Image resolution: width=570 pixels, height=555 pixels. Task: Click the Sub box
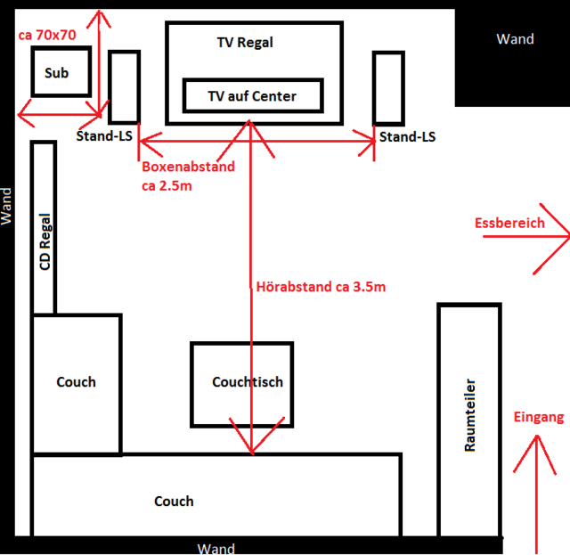[x=61, y=72]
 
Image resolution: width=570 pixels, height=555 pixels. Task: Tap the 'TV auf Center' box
[x=251, y=95]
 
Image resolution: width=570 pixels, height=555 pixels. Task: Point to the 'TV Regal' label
[x=245, y=42]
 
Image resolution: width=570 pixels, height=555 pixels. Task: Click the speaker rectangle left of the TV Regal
[x=124, y=87]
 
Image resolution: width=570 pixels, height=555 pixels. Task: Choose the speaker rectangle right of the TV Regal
[x=388, y=87]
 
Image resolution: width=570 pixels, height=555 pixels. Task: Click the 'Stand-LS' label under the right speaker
[x=407, y=137]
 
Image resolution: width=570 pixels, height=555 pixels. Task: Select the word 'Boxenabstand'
[x=188, y=167]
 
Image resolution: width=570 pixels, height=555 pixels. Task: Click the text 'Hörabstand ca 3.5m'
[x=321, y=287]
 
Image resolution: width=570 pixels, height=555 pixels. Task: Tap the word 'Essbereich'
[x=509, y=223]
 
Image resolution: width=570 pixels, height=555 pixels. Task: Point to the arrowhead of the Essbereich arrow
[x=561, y=236]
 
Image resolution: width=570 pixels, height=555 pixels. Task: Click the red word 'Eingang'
[x=539, y=417]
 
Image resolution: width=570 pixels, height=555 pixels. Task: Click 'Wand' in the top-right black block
[x=515, y=39]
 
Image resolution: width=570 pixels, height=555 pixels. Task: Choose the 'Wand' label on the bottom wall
[x=216, y=547]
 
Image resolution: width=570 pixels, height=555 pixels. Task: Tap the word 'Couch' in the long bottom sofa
[x=174, y=502]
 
